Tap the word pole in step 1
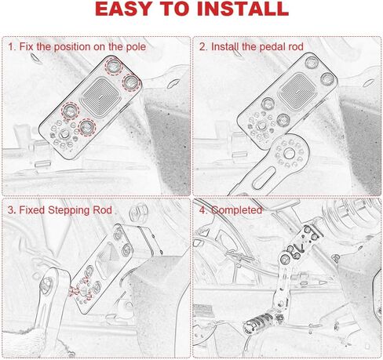pyautogui.click(x=136, y=47)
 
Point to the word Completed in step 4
pyautogui.click(x=236, y=210)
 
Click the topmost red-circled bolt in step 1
pyautogui.click(x=114, y=66)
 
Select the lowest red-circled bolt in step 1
pyautogui.click(x=86, y=127)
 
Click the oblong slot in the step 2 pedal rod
pyautogui.click(x=264, y=178)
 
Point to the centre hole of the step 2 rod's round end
pyautogui.click(x=289, y=154)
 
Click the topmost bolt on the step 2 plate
pyautogui.click(x=312, y=62)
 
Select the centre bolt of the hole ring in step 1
pyautogui.click(x=64, y=135)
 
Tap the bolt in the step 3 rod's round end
pyautogui.click(x=46, y=285)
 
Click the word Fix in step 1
pyautogui.click(x=27, y=47)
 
